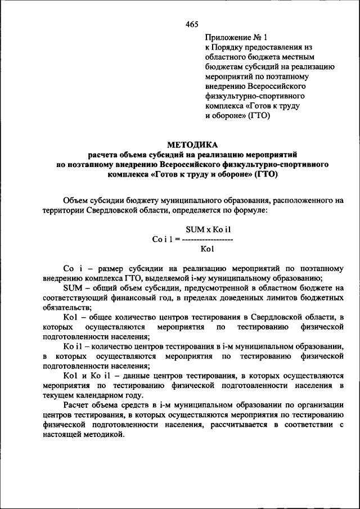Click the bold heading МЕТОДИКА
[x=192, y=143]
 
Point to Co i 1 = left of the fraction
[x=165, y=238]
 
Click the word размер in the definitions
[x=113, y=268]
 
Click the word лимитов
[x=276, y=298]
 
